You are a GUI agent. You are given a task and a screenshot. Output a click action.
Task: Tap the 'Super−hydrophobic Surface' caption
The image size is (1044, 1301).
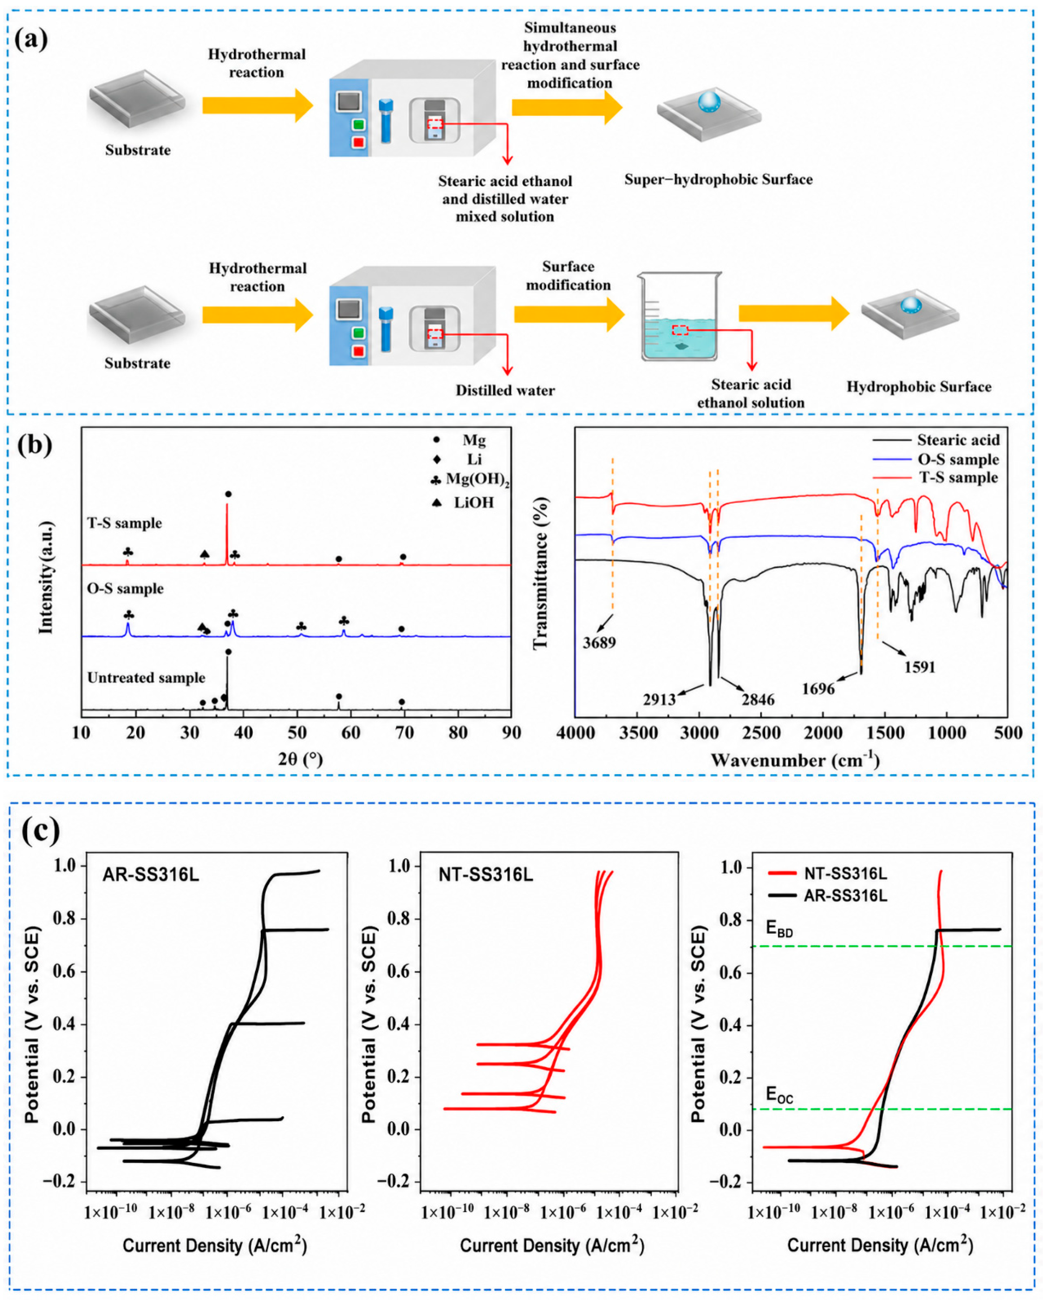coord(718,179)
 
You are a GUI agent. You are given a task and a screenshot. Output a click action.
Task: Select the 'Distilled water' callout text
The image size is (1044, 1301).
coord(505,390)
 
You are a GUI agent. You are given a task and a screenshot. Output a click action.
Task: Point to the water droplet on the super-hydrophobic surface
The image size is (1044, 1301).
coord(710,101)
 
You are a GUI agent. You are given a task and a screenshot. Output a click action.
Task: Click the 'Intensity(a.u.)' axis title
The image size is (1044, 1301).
coord(46,578)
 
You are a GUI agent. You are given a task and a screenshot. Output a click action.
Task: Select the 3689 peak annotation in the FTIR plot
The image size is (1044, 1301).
coord(599,643)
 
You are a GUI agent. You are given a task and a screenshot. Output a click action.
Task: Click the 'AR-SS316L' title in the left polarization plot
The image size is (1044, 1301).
coord(150,874)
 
